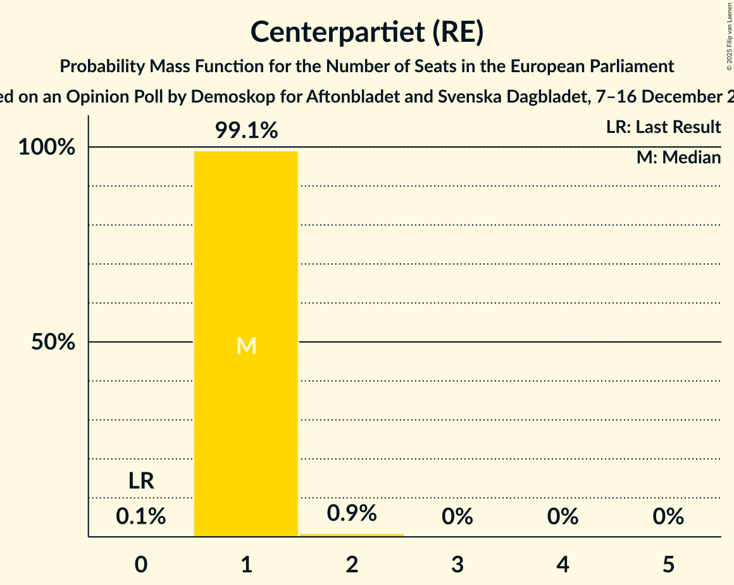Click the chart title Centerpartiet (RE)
click(367, 32)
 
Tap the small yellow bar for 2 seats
click(351, 535)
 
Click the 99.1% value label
click(246, 131)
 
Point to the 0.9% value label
click(351, 513)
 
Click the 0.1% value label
click(141, 517)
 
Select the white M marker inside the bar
click(246, 346)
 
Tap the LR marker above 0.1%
click(141, 481)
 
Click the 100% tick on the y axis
click(46, 148)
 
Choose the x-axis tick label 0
click(141, 564)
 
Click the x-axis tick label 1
click(246, 564)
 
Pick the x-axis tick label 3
click(457, 564)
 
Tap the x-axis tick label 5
click(669, 564)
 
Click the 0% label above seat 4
click(563, 517)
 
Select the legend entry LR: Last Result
click(663, 127)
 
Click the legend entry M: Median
click(678, 158)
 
